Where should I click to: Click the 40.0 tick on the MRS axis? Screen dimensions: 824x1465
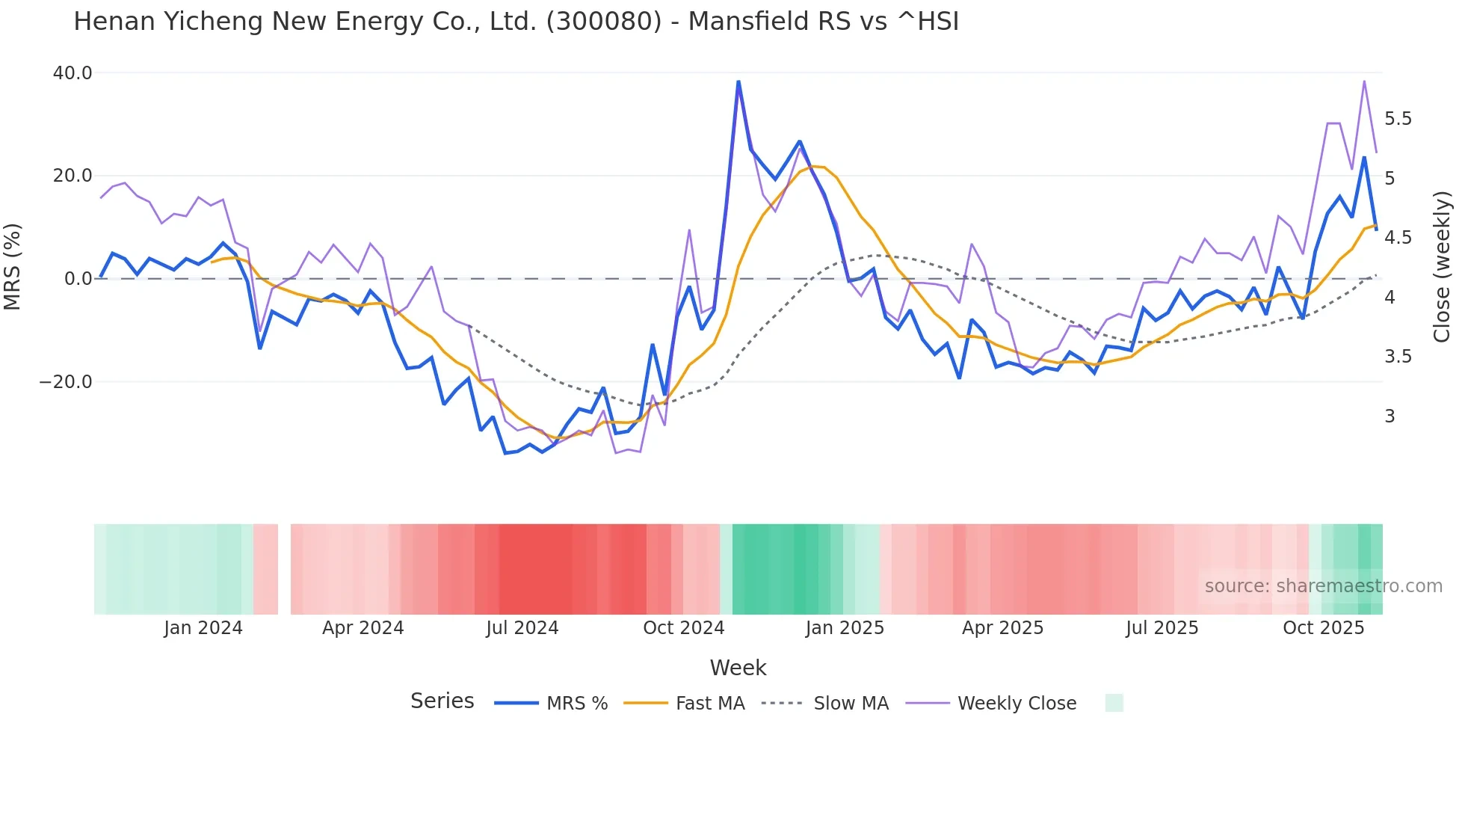click(73, 73)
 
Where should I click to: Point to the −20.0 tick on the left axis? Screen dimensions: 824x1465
click(66, 382)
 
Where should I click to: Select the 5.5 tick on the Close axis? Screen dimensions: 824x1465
click(1398, 119)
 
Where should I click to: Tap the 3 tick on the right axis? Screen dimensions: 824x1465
click(1390, 416)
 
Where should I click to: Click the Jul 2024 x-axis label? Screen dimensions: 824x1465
click(522, 628)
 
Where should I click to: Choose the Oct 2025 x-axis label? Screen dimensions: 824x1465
click(1323, 628)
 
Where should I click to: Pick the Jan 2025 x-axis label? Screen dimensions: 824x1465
click(845, 628)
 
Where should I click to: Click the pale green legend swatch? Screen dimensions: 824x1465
click(1114, 703)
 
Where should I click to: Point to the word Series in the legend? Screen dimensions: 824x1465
click(442, 701)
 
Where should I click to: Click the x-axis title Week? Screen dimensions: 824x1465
click(738, 668)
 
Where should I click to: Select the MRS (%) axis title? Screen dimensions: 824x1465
click(12, 266)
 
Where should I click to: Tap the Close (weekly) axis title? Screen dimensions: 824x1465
click(1442, 266)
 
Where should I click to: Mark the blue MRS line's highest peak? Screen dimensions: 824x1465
click(738, 82)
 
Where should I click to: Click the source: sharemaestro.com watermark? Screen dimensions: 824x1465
click(1323, 586)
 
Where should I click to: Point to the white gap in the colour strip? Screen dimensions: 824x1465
click(284, 569)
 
